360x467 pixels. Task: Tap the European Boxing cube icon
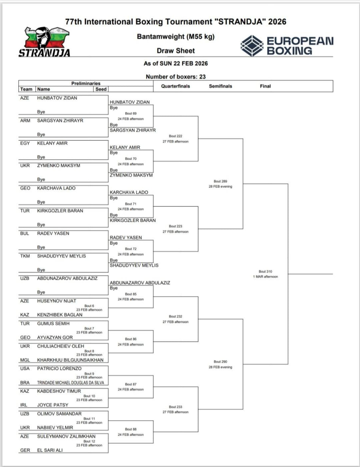(x=252, y=46)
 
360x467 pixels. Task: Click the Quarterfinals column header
(x=175, y=86)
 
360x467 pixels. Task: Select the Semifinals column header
(x=220, y=86)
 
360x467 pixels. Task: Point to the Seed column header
(x=101, y=89)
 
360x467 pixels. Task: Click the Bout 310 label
(x=265, y=271)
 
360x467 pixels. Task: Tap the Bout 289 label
(x=220, y=181)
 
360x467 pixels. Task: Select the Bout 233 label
(x=175, y=407)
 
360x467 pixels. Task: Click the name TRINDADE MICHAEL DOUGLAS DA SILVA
(x=70, y=383)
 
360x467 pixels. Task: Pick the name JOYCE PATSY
(x=53, y=405)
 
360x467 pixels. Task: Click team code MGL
(x=25, y=360)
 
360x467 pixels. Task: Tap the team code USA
(x=25, y=369)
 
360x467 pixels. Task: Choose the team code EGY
(x=25, y=143)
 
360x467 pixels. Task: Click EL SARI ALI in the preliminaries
(x=50, y=450)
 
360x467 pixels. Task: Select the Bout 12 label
(x=89, y=441)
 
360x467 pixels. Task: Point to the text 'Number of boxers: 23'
(x=175, y=77)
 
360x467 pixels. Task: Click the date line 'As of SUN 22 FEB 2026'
(x=175, y=63)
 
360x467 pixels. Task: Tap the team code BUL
(x=24, y=233)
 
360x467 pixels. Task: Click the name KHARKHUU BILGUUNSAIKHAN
(x=70, y=360)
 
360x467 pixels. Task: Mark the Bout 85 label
(x=131, y=294)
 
